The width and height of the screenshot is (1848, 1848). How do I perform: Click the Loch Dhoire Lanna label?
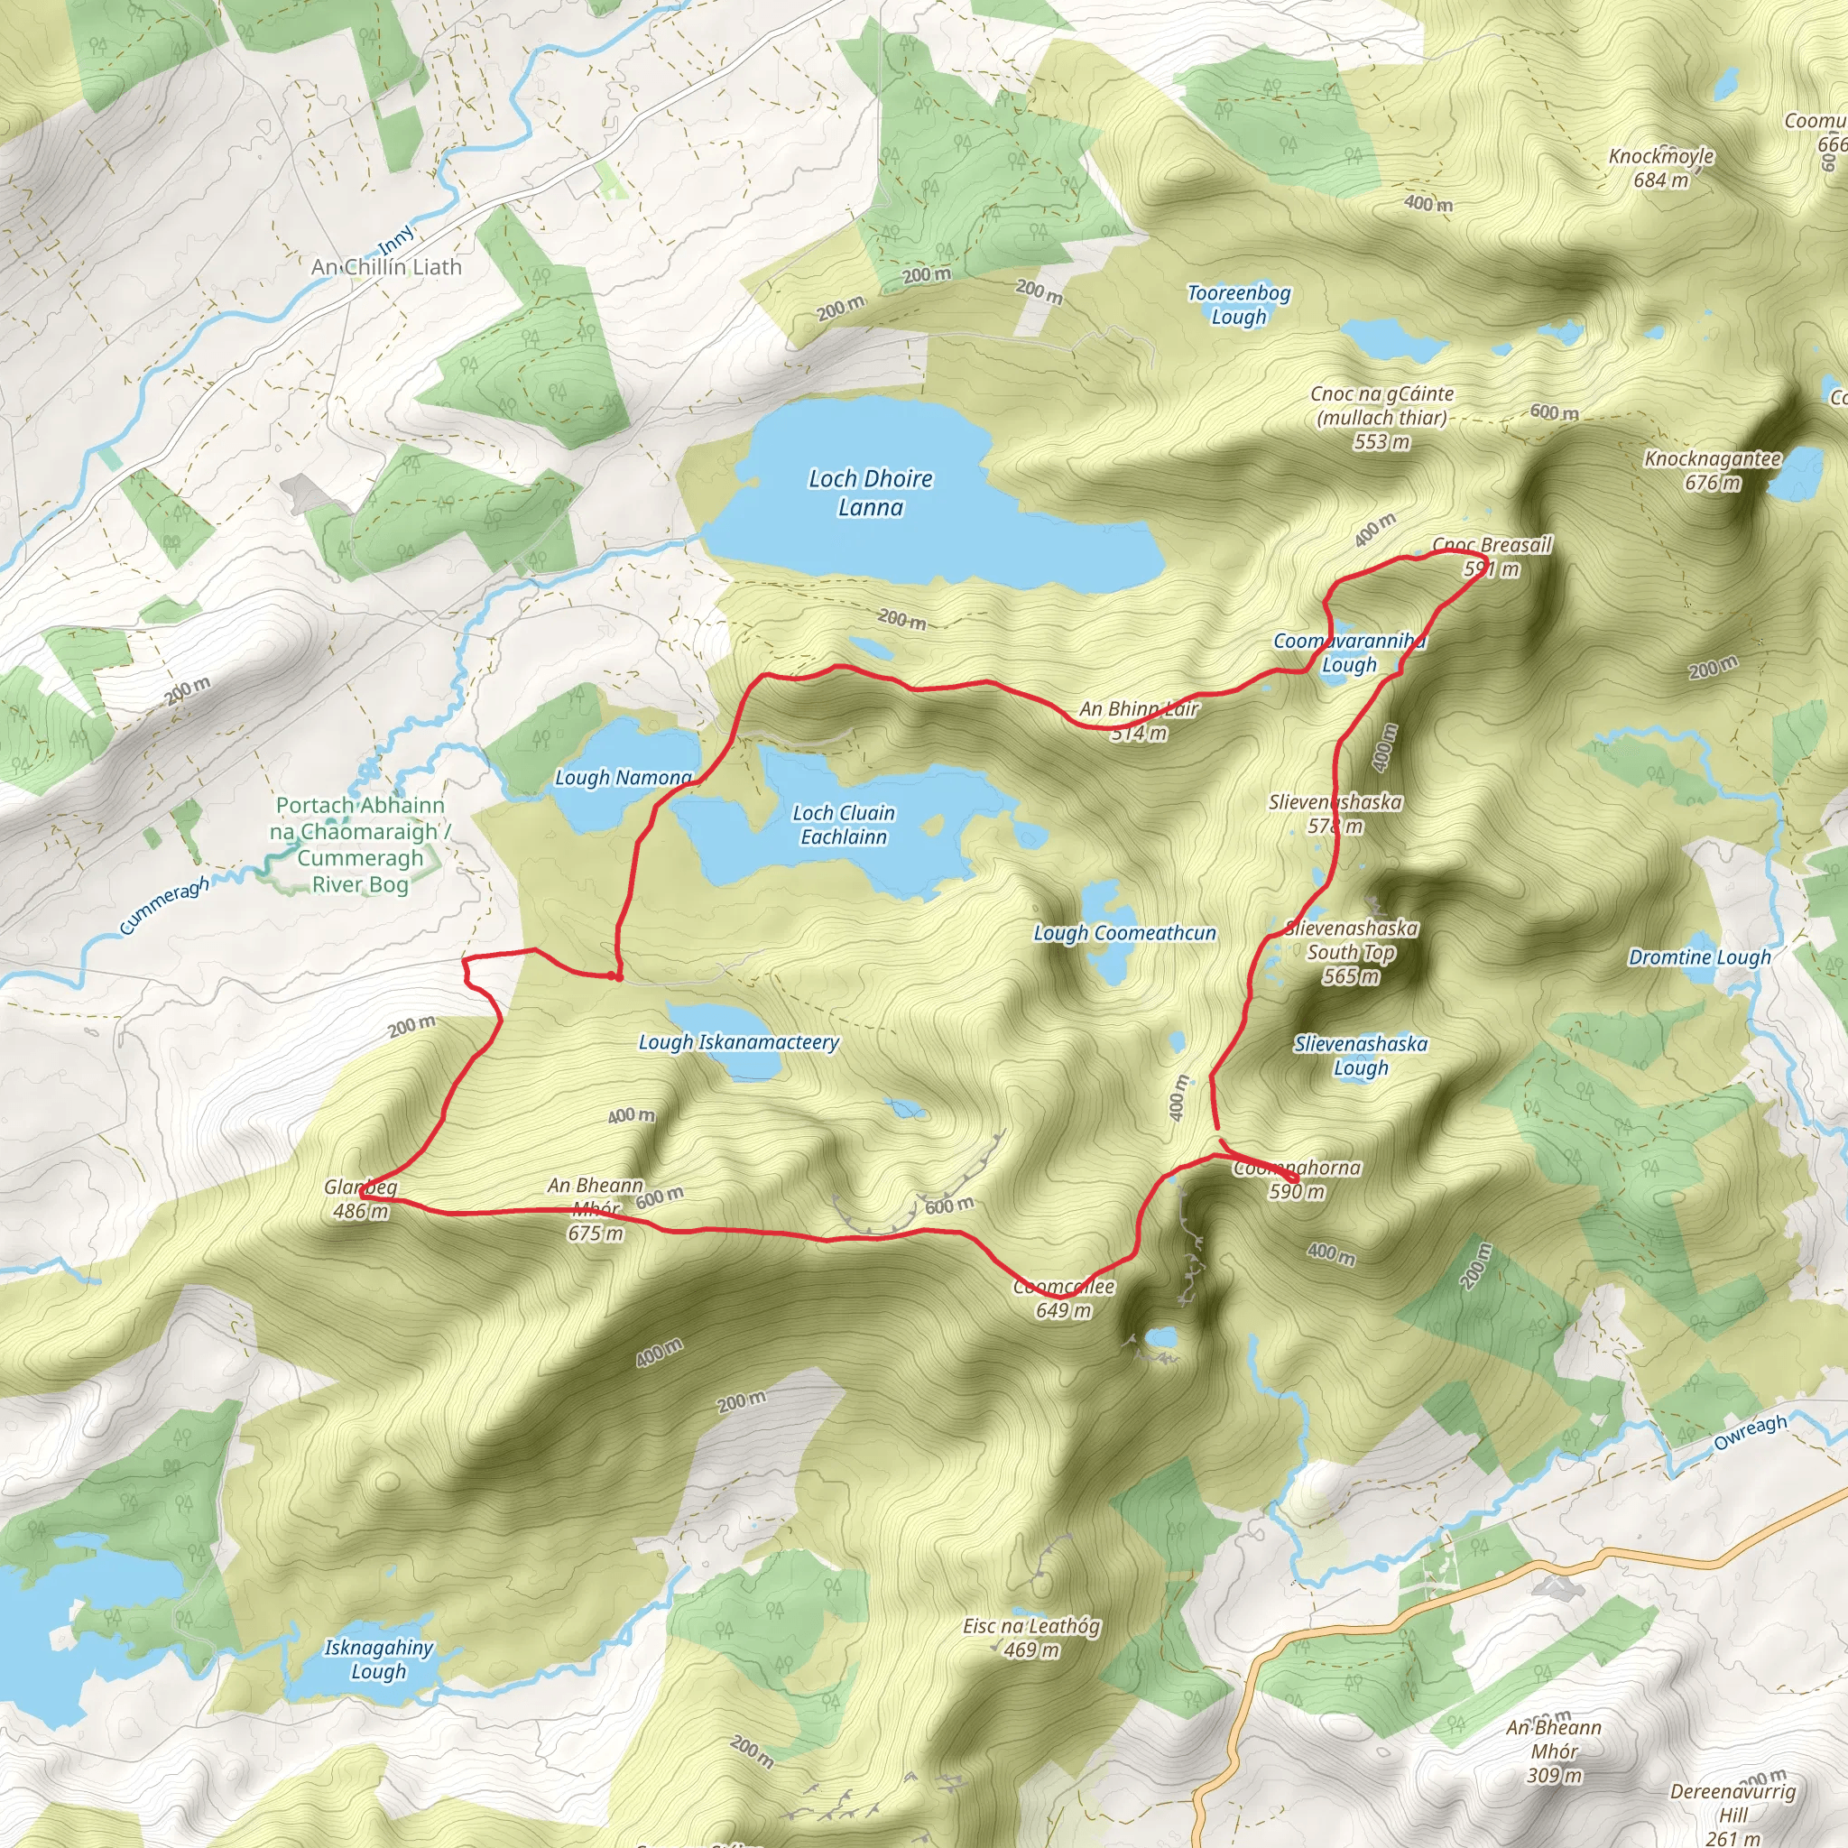click(x=870, y=493)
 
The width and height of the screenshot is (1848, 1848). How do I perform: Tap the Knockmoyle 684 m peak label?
click(x=1660, y=168)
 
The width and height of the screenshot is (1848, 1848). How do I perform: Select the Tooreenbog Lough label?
click(x=1239, y=304)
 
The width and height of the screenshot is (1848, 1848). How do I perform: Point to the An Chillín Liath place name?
click(x=386, y=268)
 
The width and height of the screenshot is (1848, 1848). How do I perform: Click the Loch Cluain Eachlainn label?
click(x=844, y=825)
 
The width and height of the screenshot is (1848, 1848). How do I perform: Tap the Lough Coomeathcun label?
click(x=1125, y=933)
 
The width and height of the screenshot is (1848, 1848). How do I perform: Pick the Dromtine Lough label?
click(x=1700, y=957)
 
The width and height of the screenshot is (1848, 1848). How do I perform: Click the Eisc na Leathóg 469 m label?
click(x=1031, y=1638)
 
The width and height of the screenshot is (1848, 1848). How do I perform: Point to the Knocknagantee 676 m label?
click(x=1712, y=469)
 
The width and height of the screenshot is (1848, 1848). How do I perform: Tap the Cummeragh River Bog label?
click(x=360, y=845)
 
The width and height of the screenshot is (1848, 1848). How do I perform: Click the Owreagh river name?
click(x=1750, y=1432)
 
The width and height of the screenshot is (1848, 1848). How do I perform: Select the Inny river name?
click(x=396, y=239)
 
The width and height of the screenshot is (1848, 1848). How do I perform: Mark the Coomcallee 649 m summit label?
click(x=1064, y=1298)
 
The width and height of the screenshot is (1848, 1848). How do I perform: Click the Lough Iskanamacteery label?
click(x=738, y=1042)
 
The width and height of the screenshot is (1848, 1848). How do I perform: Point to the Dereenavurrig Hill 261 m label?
click(x=1732, y=1814)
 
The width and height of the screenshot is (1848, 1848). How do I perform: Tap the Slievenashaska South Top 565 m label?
click(x=1351, y=952)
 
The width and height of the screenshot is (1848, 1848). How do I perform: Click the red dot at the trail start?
click(x=617, y=976)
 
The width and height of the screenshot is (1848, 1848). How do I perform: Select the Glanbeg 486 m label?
click(x=361, y=1198)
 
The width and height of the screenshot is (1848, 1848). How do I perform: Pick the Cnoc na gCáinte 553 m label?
click(x=1381, y=417)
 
